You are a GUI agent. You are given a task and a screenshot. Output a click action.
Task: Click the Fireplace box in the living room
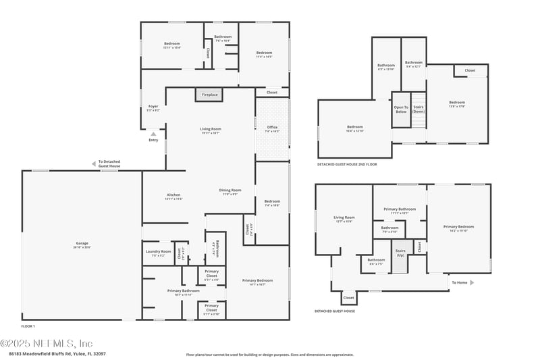[x=210, y=95]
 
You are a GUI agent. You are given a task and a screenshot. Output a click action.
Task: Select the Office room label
[x=272, y=128]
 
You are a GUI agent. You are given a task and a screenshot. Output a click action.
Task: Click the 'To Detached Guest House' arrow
[x=94, y=163]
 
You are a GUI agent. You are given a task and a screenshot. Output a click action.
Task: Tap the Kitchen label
[x=173, y=197]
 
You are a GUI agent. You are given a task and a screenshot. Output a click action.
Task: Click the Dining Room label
[x=230, y=192]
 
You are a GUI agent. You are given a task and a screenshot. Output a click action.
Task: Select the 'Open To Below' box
[x=401, y=109]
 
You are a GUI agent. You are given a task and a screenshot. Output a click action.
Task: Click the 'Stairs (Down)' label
[x=418, y=109]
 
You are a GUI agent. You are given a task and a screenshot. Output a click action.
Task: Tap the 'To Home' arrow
[x=471, y=282]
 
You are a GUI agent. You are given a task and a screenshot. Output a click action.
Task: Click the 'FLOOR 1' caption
[x=28, y=326]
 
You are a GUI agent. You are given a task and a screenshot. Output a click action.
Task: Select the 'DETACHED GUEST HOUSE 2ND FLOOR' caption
[x=347, y=164]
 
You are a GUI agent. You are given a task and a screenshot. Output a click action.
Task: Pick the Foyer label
[x=153, y=107]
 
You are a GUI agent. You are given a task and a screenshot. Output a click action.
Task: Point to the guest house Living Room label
[x=344, y=219]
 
